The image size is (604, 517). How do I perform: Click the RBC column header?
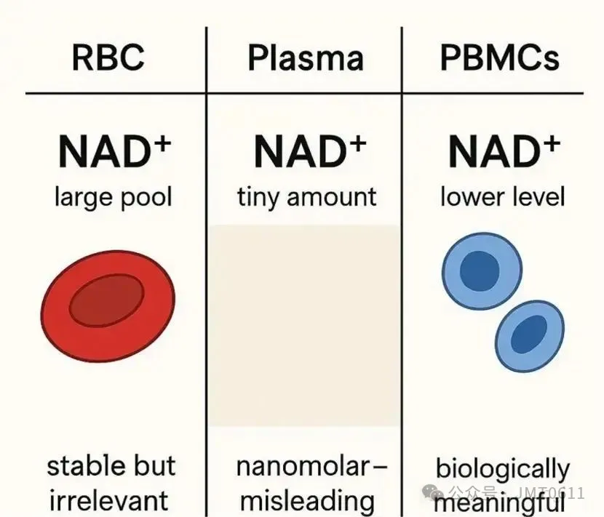point(108,58)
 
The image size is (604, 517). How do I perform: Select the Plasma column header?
point(305,58)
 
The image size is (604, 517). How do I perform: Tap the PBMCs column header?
point(500,58)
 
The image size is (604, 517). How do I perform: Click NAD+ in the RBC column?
point(114,152)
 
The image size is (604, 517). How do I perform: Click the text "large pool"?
point(113,196)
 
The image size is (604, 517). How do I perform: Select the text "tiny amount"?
point(306,196)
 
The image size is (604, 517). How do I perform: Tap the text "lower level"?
point(502,196)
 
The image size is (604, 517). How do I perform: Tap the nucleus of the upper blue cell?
point(480,270)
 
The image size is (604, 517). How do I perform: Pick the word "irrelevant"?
point(108,500)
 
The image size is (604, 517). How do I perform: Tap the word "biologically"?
point(502,469)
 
